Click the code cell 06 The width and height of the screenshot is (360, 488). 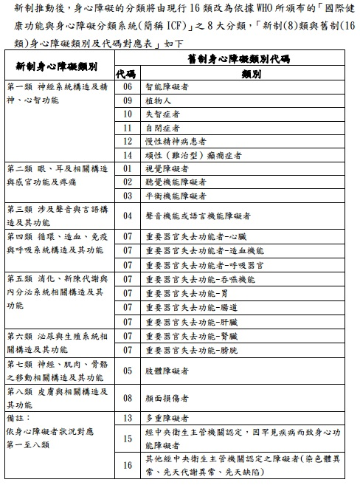(x=127, y=87)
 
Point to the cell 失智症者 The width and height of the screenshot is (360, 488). (x=162, y=114)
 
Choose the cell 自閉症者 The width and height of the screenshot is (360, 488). (x=162, y=128)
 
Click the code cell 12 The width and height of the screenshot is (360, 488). (x=127, y=141)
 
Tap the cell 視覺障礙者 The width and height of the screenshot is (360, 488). (x=167, y=168)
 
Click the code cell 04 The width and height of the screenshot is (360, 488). (x=127, y=216)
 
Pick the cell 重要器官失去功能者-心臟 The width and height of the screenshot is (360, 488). (x=195, y=236)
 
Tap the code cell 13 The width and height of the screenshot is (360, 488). (x=127, y=418)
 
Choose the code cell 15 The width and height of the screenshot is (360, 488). (x=127, y=439)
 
